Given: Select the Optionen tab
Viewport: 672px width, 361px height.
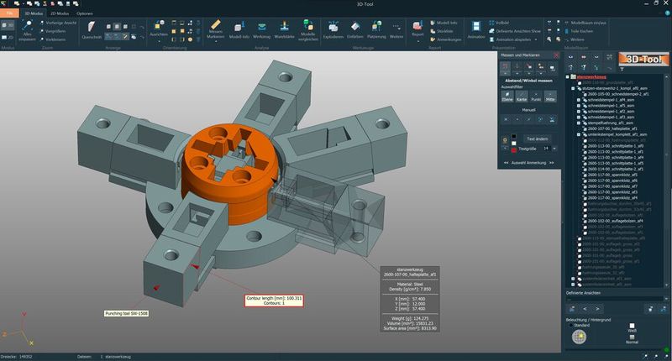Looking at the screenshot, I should pyautogui.click(x=85, y=14).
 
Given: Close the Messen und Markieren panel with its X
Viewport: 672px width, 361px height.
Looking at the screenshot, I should pyautogui.click(x=557, y=55).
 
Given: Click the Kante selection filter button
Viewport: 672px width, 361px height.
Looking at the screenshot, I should pyautogui.click(x=520, y=96).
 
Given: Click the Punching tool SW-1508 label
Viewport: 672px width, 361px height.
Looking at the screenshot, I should pyautogui.click(x=125, y=313).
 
